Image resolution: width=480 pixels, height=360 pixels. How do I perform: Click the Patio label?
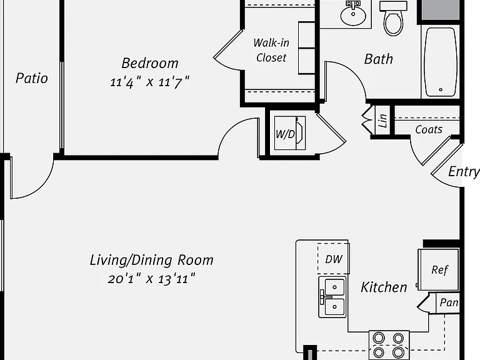pyautogui.click(x=32, y=78)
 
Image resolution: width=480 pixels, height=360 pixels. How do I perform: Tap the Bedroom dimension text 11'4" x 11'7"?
pyautogui.click(x=150, y=82)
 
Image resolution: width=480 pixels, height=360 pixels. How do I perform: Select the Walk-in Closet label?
pyautogui.click(x=271, y=50)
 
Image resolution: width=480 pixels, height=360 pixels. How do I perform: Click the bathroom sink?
pyautogui.click(x=353, y=14)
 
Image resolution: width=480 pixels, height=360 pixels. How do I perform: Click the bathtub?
pyautogui.click(x=441, y=62)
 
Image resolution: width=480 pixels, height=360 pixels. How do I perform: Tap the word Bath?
pyautogui.click(x=379, y=59)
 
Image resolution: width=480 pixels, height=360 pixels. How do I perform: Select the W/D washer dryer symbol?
pyautogui.click(x=289, y=133)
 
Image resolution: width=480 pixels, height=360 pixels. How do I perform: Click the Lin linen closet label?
pyautogui.click(x=382, y=120)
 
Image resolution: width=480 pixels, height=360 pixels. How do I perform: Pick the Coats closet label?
pyautogui.click(x=429, y=129)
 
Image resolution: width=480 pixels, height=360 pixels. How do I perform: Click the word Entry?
pyautogui.click(x=464, y=171)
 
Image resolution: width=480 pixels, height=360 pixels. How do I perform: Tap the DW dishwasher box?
pyautogui.click(x=333, y=258)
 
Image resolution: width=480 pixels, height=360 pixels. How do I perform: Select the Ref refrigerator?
pyautogui.click(x=439, y=269)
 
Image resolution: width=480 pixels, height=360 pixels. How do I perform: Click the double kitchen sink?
pyautogui.click(x=332, y=297)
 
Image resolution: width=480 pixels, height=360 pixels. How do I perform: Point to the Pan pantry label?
pyautogui.click(x=449, y=302)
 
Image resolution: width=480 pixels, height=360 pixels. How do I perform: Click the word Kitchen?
pyautogui.click(x=384, y=287)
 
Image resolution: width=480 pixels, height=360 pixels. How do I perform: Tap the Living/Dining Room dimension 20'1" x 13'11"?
pyautogui.click(x=151, y=279)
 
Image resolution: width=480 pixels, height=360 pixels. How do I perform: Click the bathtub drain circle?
pyautogui.click(x=441, y=90)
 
